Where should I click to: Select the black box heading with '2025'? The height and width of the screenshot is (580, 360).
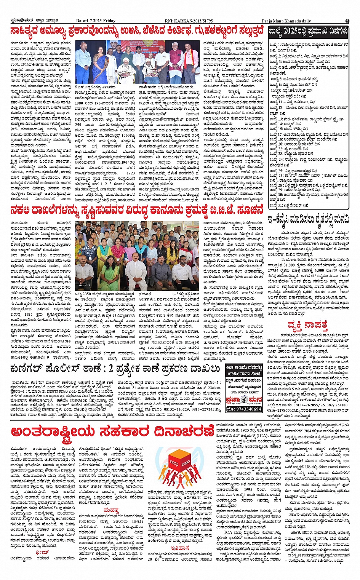click(308, 31)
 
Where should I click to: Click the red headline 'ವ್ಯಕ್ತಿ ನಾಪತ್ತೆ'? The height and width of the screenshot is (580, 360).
click(307, 326)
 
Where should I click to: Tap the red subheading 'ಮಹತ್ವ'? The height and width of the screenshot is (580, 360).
click(111, 510)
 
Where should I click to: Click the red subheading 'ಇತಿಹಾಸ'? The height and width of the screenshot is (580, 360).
click(180, 548)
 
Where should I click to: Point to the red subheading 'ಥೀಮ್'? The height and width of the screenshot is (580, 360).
click(42, 552)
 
